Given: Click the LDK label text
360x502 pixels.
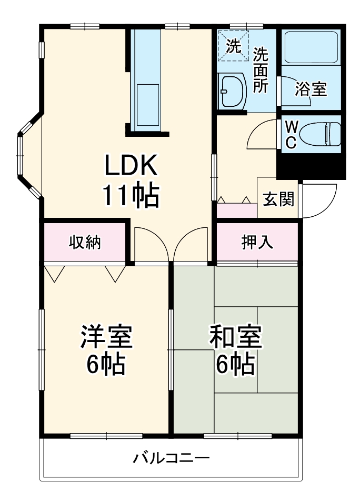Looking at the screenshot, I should [131, 166].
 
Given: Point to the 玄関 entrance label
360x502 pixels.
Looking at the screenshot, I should [278, 200].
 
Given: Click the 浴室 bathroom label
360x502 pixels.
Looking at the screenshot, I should [311, 89].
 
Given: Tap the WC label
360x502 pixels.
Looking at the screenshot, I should [291, 134].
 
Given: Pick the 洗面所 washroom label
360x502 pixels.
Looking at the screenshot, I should [260, 71].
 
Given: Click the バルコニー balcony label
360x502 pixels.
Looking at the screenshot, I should [171, 457].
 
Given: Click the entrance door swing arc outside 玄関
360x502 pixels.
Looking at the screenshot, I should [318, 203].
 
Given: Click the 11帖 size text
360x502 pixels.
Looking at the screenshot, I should [131, 196].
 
